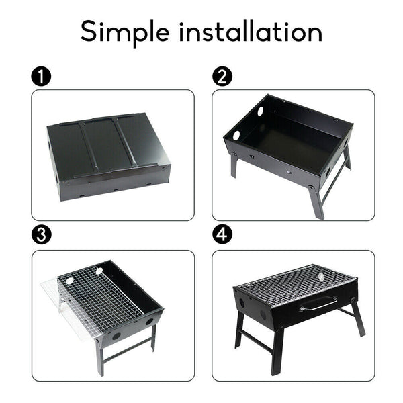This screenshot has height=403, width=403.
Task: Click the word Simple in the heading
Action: click(127, 32)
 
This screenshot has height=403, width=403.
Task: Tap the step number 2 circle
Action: click(222, 77)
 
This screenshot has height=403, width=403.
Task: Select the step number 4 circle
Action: click(222, 236)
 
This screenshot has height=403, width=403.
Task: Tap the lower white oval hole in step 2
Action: click(236, 136)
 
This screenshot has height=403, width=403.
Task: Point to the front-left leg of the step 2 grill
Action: click(234, 165)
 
